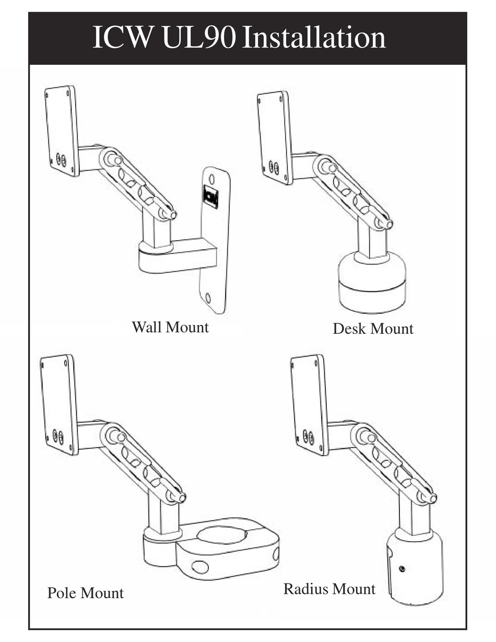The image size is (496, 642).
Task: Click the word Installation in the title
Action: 314,38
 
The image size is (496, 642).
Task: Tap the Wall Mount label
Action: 170,328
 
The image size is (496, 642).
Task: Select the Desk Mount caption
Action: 373,329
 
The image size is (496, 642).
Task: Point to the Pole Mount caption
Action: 86,593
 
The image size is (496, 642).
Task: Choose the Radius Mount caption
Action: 329,589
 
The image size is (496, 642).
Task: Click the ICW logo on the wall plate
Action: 210,196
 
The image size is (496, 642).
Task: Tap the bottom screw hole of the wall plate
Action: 208,298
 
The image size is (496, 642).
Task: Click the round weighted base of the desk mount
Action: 372,285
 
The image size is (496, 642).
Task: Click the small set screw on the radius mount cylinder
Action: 401,568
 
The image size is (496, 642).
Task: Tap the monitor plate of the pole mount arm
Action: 58,403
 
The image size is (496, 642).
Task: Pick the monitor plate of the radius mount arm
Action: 309,405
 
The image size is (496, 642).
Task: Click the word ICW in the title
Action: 123,38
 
